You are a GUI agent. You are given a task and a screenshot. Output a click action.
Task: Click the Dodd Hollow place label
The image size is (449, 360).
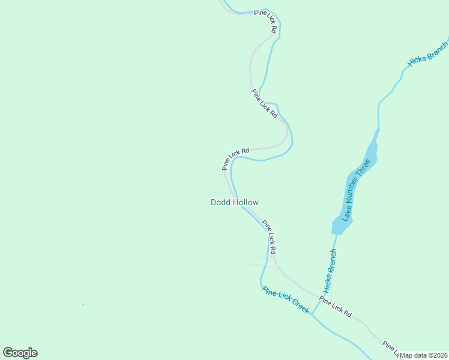pyautogui.click(x=235, y=202)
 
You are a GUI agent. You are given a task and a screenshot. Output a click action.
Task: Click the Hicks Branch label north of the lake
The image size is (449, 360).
pyautogui.click(x=427, y=53)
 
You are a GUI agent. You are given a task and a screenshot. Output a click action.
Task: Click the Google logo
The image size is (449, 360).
pyautogui.click(x=20, y=353)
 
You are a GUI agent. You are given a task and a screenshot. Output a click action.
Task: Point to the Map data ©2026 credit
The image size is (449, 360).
pyautogui.click(x=424, y=355)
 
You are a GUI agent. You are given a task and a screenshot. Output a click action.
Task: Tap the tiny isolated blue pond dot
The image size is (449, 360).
pyautogui.click(x=83, y=304)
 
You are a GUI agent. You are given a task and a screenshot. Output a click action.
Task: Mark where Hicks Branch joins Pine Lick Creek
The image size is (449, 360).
pyautogui.click(x=312, y=314)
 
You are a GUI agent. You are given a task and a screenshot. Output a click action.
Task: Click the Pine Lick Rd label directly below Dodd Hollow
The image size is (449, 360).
pyautogui.click(x=269, y=236)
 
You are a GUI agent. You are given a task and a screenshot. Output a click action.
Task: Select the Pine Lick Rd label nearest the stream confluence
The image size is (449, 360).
pyautogui.click(x=335, y=307)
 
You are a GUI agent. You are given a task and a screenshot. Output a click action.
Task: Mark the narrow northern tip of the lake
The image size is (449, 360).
pyautogui.click(x=378, y=131)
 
